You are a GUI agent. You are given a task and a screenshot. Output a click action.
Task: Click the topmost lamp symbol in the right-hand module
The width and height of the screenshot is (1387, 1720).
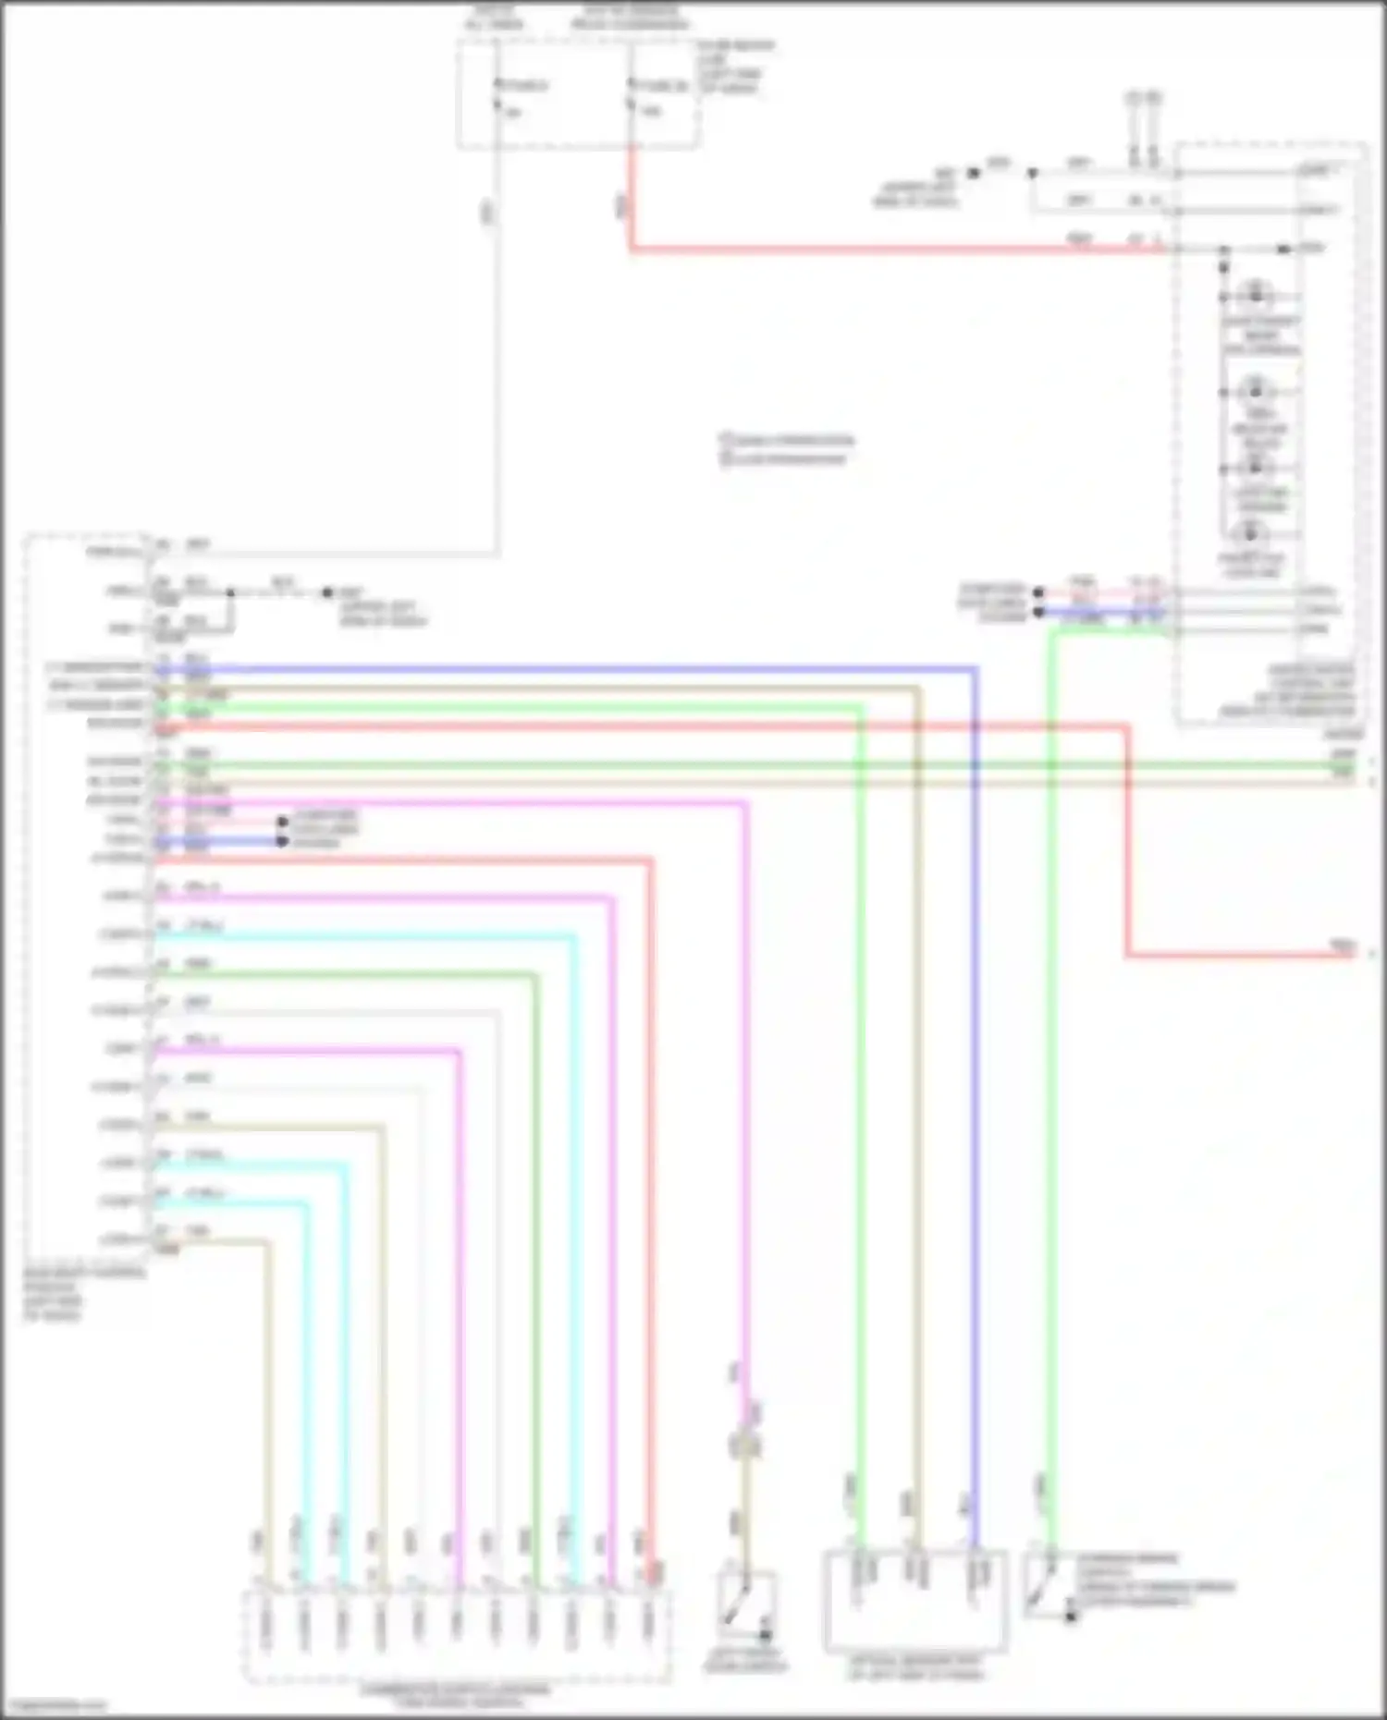tap(1255, 295)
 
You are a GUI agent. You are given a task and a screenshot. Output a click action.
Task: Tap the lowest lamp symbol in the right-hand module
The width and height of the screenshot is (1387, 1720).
tap(1250, 533)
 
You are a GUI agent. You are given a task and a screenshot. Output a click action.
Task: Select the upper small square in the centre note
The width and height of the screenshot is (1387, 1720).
tap(726, 440)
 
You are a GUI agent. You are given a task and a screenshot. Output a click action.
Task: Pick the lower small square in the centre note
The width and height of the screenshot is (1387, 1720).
tap(726, 458)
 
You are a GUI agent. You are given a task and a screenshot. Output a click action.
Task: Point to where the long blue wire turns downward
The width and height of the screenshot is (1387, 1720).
tap(975, 668)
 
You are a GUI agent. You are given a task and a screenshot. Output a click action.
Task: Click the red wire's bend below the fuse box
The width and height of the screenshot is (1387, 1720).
tap(632, 248)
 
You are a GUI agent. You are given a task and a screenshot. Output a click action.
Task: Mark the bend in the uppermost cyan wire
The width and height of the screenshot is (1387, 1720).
tap(574, 937)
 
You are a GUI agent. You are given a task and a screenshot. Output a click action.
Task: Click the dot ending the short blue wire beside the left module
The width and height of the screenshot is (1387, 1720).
tap(283, 841)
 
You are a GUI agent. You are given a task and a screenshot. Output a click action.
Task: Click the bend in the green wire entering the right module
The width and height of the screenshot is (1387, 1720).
tap(1052, 631)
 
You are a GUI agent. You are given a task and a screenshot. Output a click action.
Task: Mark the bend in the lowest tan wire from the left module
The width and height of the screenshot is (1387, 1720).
tap(269, 1242)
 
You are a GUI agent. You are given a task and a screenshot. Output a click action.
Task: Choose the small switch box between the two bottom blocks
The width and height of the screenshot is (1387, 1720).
tap(745, 1607)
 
